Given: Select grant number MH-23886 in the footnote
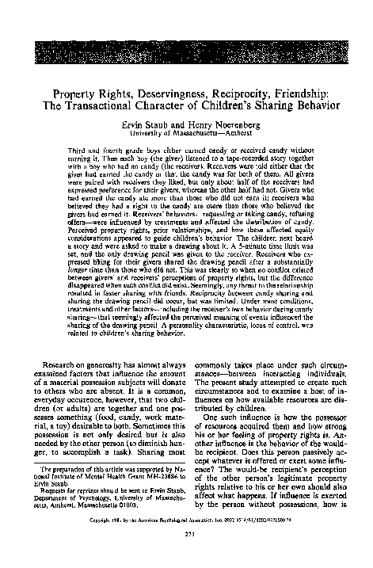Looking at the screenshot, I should (x=139, y=475).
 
